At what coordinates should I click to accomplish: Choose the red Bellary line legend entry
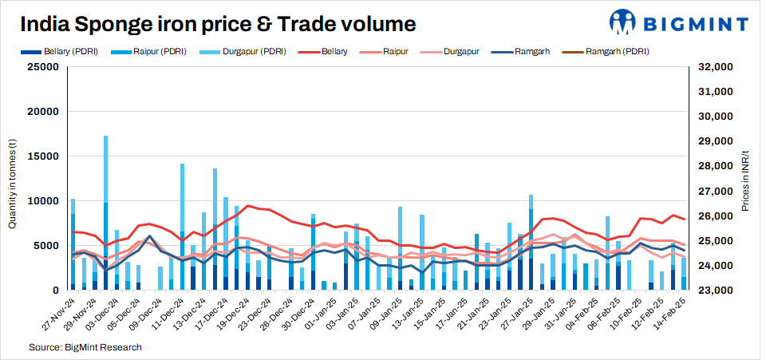click(326, 52)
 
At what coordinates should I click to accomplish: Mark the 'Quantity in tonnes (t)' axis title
click(13, 179)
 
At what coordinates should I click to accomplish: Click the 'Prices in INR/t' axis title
click(745, 179)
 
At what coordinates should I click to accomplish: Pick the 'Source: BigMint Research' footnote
click(85, 347)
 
